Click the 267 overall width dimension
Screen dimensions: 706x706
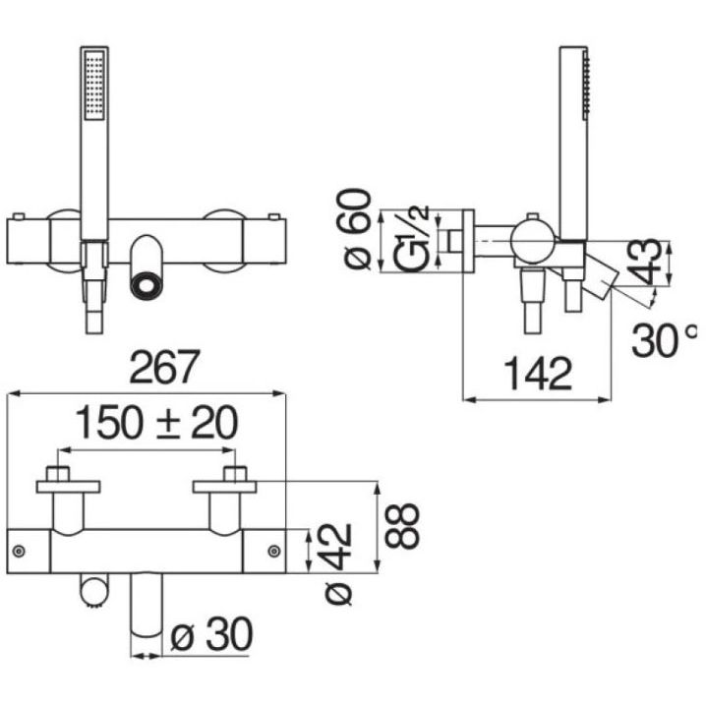point(164,367)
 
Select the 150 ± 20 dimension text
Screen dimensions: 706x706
point(156,423)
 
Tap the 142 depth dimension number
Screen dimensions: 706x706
point(538,374)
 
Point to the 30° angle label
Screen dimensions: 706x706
point(664,340)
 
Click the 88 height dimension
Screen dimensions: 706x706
point(402,526)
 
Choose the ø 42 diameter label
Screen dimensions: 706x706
point(338,563)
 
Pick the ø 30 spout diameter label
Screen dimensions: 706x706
point(211,634)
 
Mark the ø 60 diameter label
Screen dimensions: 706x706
point(358,229)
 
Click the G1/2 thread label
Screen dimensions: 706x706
point(412,239)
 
